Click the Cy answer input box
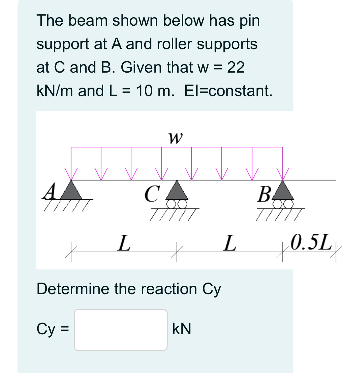click(120, 330)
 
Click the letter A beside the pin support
click(49, 191)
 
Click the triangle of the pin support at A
click(71, 191)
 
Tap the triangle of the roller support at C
click(177, 191)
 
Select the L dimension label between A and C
click(124, 243)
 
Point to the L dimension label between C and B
click(230, 243)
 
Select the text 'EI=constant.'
click(228, 91)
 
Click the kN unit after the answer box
click(182, 329)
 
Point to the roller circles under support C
click(177, 204)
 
